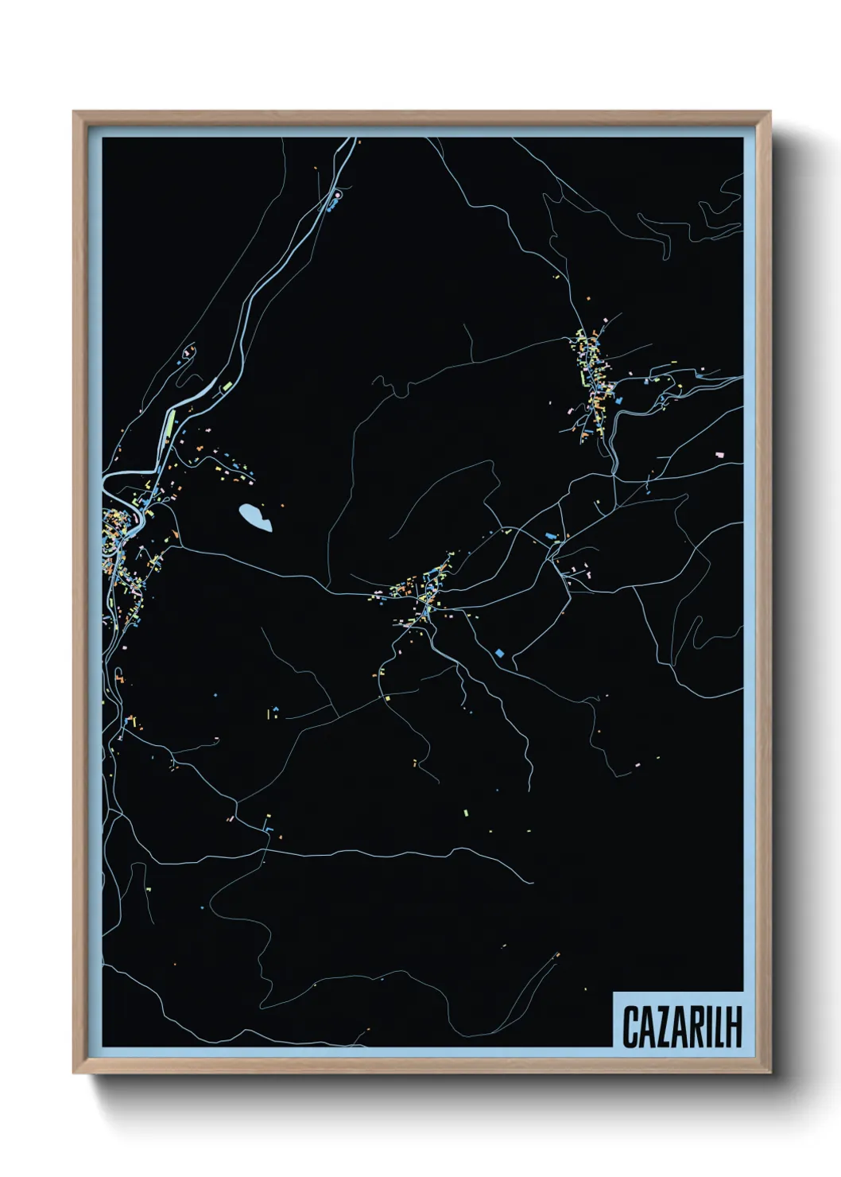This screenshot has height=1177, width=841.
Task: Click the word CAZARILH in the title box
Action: [681, 1027]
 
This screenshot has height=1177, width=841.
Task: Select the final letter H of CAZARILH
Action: [734, 1027]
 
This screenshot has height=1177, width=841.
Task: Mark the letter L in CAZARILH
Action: [718, 1027]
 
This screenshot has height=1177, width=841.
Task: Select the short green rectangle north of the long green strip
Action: [227, 387]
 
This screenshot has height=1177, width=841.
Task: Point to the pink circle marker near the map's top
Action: [337, 193]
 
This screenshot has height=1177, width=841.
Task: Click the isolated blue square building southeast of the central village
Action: [500, 653]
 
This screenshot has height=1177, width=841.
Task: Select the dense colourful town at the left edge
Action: [119, 541]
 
